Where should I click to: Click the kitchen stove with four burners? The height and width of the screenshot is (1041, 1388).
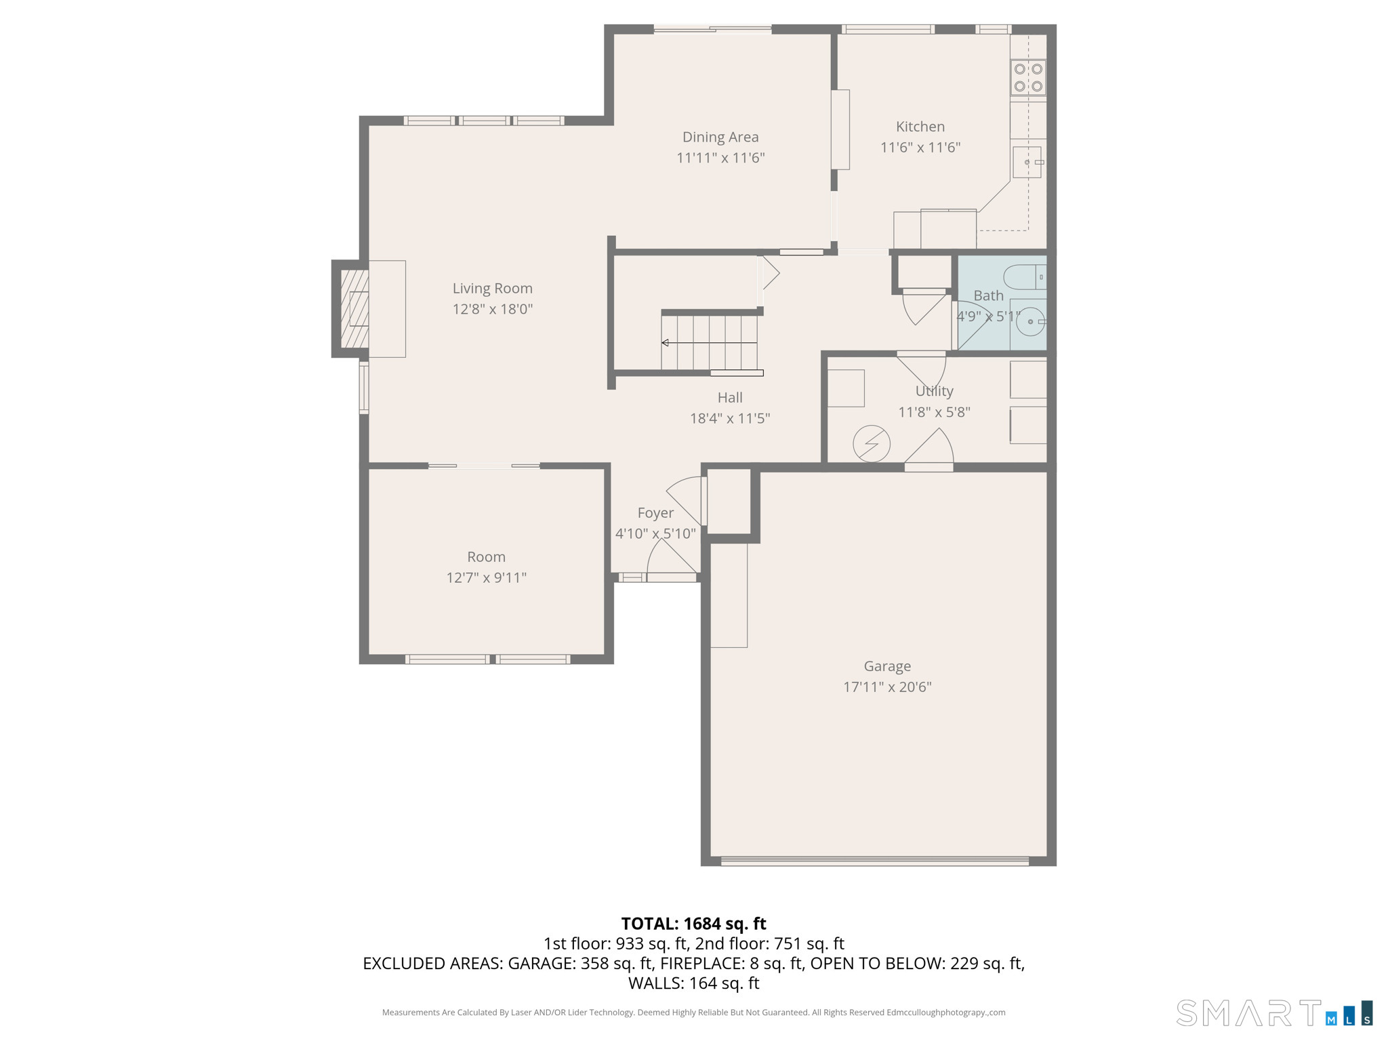[1027, 77]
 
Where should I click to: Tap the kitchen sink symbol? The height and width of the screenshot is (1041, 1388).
[1027, 163]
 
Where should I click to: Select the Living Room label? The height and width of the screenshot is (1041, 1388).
[492, 289]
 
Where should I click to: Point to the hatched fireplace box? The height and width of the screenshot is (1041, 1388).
[354, 309]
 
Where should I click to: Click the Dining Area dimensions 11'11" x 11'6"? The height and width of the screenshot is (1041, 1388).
[720, 158]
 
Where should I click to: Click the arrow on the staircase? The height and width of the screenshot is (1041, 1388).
[666, 343]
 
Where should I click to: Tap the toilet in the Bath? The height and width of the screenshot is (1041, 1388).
[1025, 277]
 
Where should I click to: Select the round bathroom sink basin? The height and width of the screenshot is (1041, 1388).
[1030, 321]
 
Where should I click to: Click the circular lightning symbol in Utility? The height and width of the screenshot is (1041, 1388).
[871, 444]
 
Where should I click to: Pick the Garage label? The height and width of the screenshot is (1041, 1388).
[886, 666]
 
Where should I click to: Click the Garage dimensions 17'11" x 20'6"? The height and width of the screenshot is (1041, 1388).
[886, 687]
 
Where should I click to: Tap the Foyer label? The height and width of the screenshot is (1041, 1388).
[655, 513]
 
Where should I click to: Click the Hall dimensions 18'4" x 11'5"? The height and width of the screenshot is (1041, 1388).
[729, 419]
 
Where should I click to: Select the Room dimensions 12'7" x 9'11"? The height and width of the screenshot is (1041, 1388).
[486, 578]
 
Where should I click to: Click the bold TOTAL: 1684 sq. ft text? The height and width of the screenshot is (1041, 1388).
[693, 924]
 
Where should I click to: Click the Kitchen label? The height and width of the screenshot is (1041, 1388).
[920, 127]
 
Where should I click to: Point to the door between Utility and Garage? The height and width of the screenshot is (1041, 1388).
[929, 451]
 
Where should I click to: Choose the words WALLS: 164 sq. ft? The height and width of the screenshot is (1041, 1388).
[693, 983]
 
